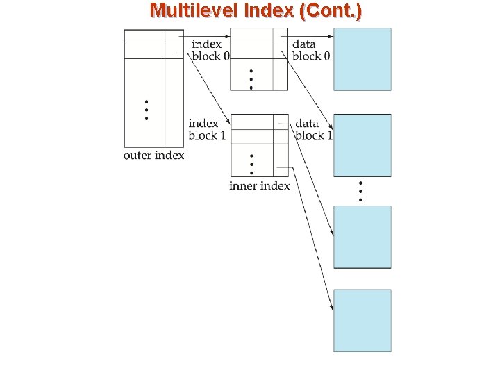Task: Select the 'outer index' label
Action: (x=153, y=156)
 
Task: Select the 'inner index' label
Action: (x=259, y=186)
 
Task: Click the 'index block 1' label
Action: (x=206, y=130)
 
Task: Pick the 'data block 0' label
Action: (x=311, y=51)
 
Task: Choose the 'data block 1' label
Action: (x=313, y=130)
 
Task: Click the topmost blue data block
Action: (x=362, y=59)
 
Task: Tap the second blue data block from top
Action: (x=362, y=145)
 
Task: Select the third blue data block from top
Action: (x=362, y=237)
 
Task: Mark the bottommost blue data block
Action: (x=362, y=320)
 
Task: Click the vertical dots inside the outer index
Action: (x=146, y=110)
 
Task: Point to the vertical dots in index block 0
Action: (x=251, y=79)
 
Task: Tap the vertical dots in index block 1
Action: (x=251, y=164)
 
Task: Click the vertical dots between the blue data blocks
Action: (x=360, y=191)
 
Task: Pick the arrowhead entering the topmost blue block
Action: (x=331, y=36)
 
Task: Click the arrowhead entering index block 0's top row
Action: (x=226, y=36)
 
